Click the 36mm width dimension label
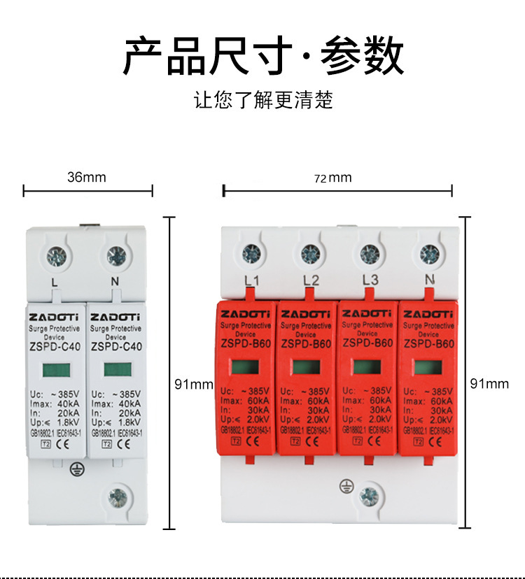click(87, 177)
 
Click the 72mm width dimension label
click(332, 178)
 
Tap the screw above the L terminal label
click(56, 257)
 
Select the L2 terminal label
click(311, 280)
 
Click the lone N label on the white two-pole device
click(115, 283)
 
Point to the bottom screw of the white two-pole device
click(118, 497)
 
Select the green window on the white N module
click(114, 369)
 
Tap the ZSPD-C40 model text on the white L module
click(55, 346)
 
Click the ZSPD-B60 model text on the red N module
click(428, 343)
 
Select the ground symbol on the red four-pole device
click(344, 485)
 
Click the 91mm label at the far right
click(489, 383)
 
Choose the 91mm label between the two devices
click(194, 384)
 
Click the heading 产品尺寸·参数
click(263, 56)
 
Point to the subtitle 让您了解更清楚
click(263, 100)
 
